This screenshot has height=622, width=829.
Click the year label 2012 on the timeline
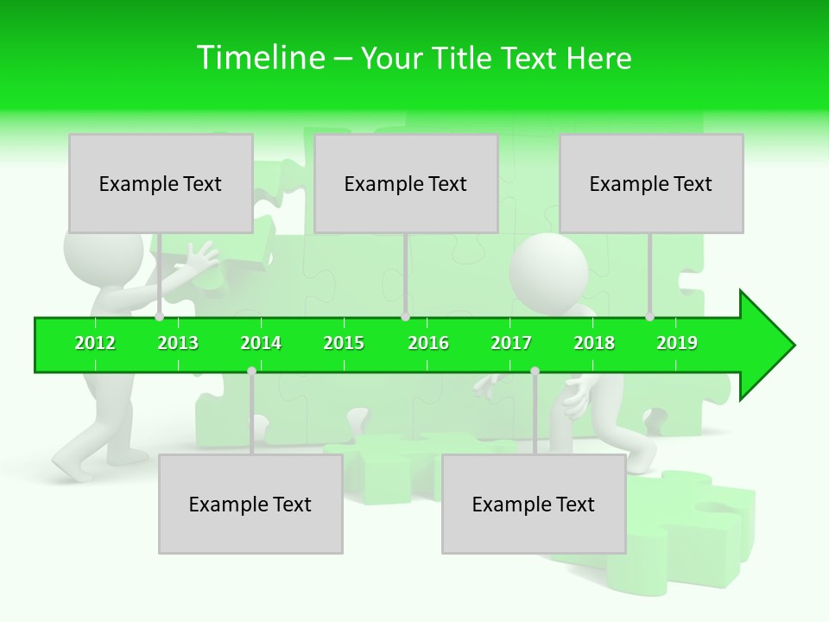95,343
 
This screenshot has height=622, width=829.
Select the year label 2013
178,343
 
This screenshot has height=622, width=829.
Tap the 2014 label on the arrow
261,343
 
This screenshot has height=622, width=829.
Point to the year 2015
344,343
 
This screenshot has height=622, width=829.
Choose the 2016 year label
428,343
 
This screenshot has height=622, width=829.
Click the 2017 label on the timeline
511,343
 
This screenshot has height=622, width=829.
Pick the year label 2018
594,343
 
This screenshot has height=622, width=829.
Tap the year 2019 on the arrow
677,343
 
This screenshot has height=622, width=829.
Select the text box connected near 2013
161,183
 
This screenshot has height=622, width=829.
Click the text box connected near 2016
406,183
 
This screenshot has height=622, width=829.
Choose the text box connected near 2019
651,183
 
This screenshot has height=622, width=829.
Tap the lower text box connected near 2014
250,504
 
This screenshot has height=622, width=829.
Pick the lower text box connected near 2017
534,504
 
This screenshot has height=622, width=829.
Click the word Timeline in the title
260,58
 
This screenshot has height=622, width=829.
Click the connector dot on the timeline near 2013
160,317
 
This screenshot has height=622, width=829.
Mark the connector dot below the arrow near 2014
251,371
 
